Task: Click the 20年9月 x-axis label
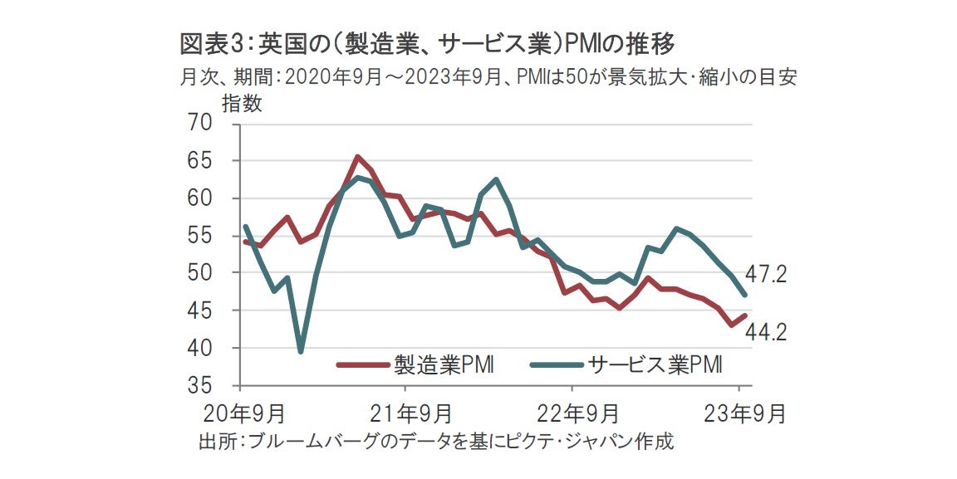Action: [x=241, y=413]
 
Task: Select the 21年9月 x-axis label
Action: [x=405, y=413]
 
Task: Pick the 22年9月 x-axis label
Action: [x=572, y=413]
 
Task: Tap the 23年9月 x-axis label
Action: [x=739, y=413]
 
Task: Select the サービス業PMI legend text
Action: [x=653, y=364]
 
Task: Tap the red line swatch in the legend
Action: [x=362, y=364]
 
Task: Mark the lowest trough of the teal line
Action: [x=300, y=351]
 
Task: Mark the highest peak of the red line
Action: [x=357, y=157]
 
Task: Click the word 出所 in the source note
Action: [x=216, y=441]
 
